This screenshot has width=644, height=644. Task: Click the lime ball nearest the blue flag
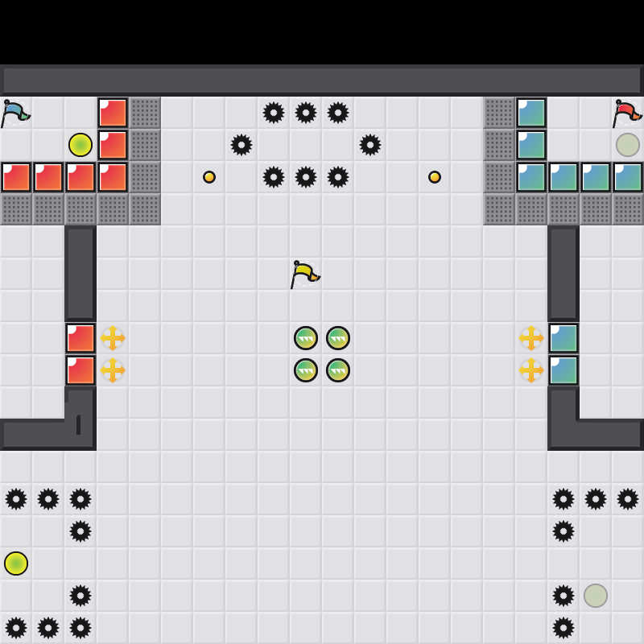click(x=80, y=145)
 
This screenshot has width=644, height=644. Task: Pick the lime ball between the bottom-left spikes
click(x=16, y=563)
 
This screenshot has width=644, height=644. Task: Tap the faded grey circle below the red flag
click(x=628, y=145)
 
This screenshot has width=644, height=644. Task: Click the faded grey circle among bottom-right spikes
click(x=596, y=596)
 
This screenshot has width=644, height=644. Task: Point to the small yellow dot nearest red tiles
click(x=209, y=177)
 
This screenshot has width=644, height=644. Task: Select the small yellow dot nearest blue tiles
click(x=435, y=177)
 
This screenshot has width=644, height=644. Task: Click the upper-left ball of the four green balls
click(x=306, y=338)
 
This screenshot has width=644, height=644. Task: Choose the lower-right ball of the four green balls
click(x=338, y=370)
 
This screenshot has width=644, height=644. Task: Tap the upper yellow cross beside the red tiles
click(x=113, y=338)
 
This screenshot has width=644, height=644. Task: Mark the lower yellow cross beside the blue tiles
click(x=531, y=370)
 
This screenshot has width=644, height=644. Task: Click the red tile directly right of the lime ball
click(x=113, y=145)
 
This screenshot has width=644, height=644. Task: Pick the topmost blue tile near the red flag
click(x=531, y=113)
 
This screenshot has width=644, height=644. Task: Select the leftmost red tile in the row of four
click(x=16, y=177)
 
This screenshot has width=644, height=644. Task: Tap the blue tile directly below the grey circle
click(x=628, y=177)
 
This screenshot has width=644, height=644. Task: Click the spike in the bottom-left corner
click(x=16, y=628)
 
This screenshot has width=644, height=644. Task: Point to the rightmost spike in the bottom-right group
click(x=628, y=499)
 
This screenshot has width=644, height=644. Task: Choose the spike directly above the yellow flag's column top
click(x=306, y=113)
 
